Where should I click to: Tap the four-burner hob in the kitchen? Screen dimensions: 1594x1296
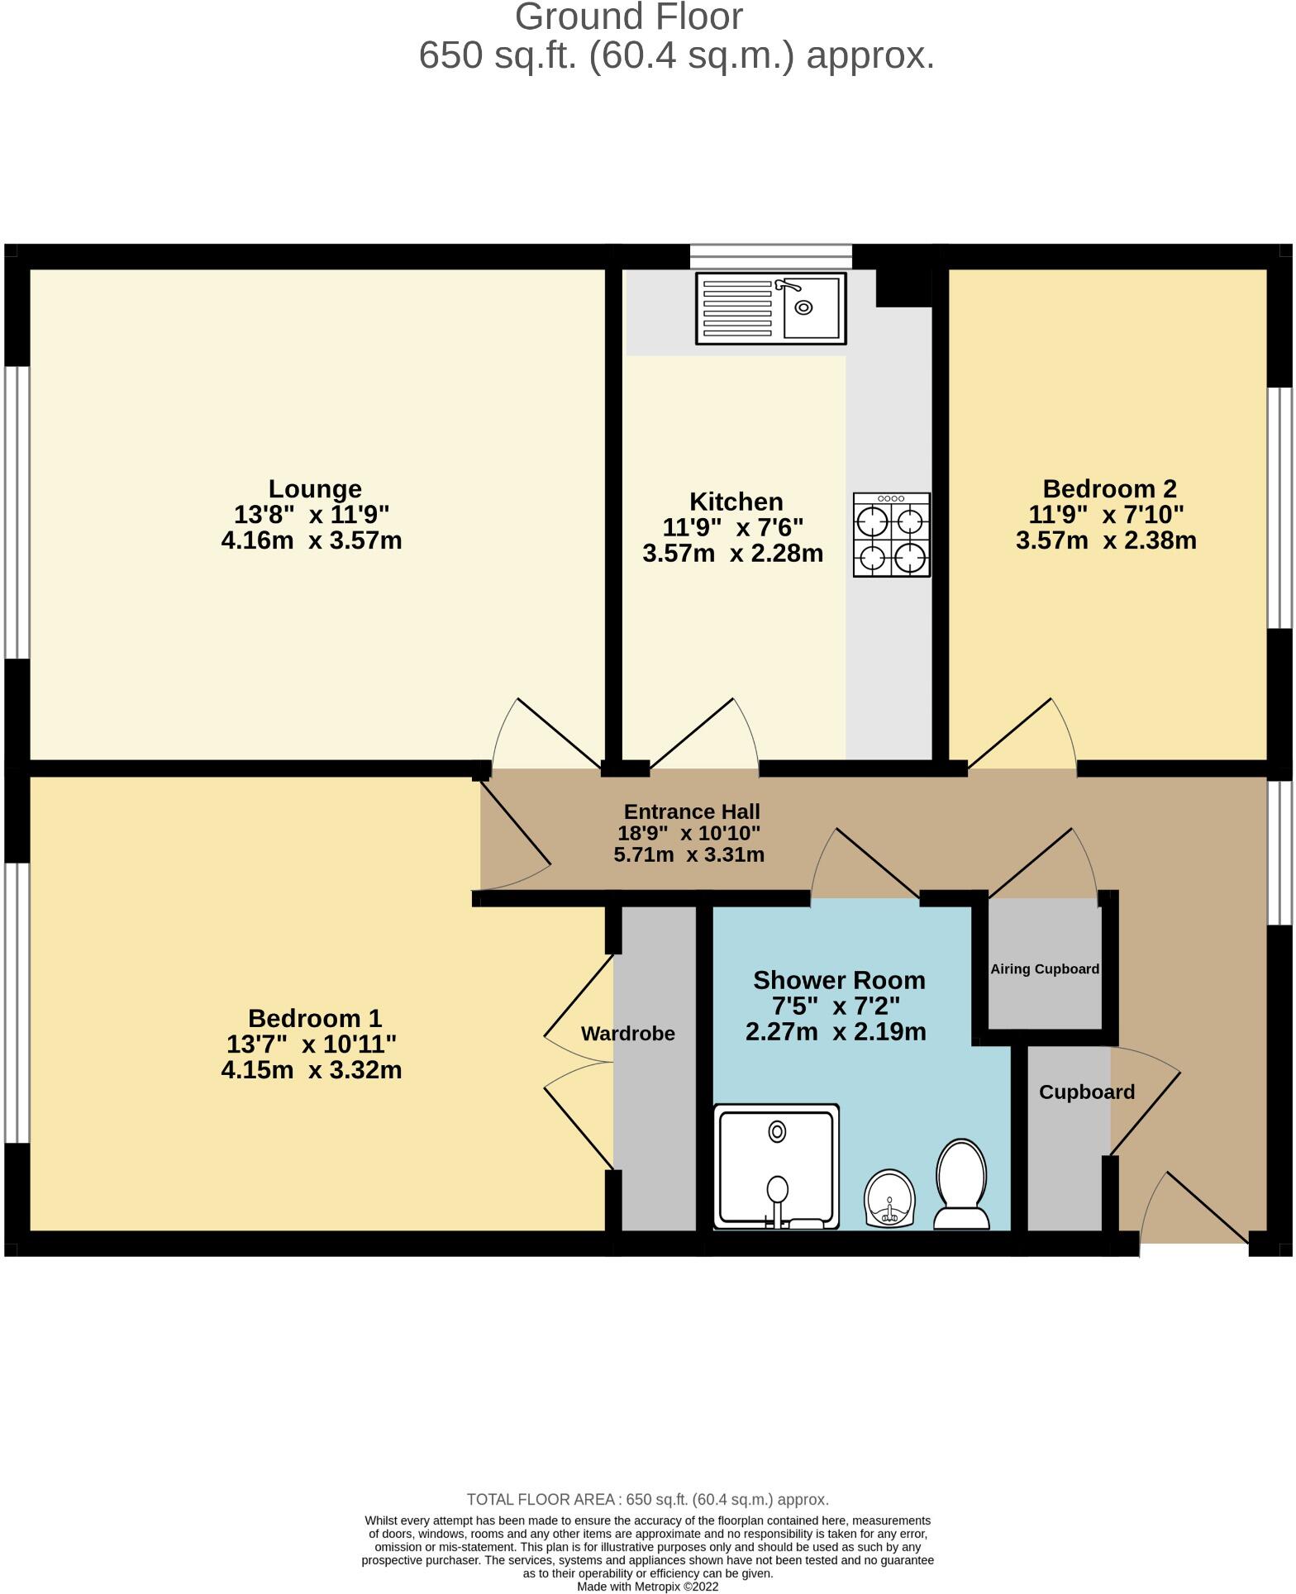pyautogui.click(x=892, y=535)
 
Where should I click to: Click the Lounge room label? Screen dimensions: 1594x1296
pyautogui.click(x=315, y=489)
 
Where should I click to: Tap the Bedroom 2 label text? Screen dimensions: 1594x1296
pyautogui.click(x=1109, y=489)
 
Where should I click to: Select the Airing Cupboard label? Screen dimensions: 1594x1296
pyautogui.click(x=1045, y=969)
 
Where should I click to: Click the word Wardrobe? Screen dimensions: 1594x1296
pyautogui.click(x=627, y=1034)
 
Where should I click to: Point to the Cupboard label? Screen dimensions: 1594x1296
pyautogui.click(x=1086, y=1092)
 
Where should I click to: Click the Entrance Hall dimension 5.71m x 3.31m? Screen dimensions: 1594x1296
pyautogui.click(x=688, y=855)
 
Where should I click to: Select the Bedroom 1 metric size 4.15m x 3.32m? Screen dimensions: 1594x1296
pyautogui.click(x=311, y=1071)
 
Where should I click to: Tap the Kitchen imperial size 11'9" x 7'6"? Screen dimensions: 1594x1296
pyautogui.click(x=732, y=527)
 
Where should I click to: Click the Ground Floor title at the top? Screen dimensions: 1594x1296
pyautogui.click(x=628, y=17)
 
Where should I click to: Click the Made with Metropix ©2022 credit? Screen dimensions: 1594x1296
pyautogui.click(x=647, y=1587)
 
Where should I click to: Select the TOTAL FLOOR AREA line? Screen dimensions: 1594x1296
pyautogui.click(x=647, y=1500)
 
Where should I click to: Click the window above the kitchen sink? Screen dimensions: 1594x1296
pyautogui.click(x=770, y=256)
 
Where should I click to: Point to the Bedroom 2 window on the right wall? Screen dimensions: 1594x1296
pyautogui.click(x=1279, y=508)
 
